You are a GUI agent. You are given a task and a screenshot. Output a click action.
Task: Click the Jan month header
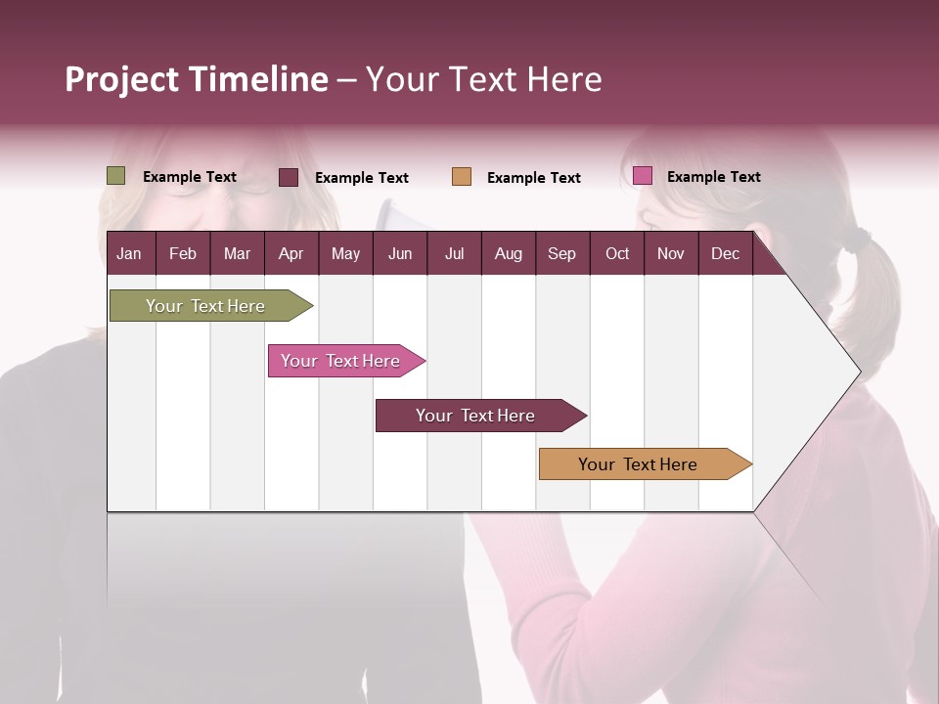tap(129, 253)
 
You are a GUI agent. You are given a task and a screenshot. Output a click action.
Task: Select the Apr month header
tap(291, 253)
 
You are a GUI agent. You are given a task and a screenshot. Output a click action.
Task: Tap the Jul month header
tap(454, 253)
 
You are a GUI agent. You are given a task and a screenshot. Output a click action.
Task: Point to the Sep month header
tap(561, 253)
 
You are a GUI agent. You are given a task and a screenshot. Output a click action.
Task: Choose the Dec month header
tap(725, 253)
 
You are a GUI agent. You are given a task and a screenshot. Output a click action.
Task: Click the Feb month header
tap(183, 253)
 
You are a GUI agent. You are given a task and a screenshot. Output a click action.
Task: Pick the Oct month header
tap(617, 253)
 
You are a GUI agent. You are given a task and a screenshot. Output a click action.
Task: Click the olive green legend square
tap(116, 176)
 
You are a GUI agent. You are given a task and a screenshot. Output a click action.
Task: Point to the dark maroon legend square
tap(289, 177)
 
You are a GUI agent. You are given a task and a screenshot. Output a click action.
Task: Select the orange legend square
tap(462, 177)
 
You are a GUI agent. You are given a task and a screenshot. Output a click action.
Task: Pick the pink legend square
tap(642, 176)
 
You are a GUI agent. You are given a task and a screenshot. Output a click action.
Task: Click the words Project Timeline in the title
tap(197, 79)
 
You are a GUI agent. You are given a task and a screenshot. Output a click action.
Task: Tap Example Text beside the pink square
tap(713, 177)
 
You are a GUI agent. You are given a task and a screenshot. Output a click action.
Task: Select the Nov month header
tap(671, 253)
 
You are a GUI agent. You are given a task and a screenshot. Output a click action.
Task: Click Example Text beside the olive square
tap(190, 177)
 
